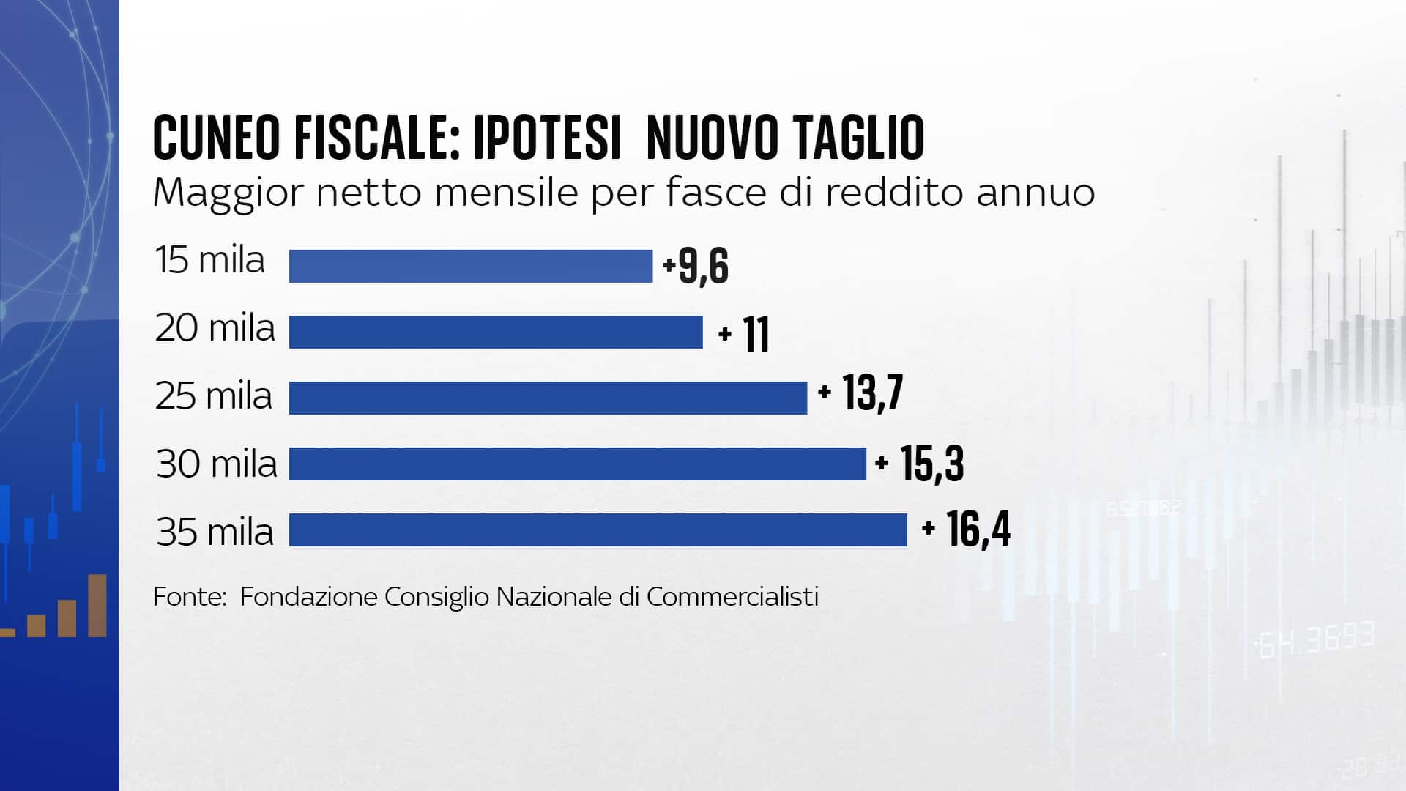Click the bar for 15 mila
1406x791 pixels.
point(470,266)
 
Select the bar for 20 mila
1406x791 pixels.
point(496,332)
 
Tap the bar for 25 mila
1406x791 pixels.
point(548,398)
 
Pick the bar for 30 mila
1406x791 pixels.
point(577,464)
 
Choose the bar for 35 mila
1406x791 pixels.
point(598,530)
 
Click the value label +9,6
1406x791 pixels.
point(696,266)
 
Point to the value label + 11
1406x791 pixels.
point(744,335)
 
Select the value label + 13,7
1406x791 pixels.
point(860,393)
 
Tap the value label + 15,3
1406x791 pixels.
point(920,463)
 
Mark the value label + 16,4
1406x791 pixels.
point(967,530)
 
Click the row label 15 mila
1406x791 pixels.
point(210,260)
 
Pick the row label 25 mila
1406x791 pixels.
point(214,396)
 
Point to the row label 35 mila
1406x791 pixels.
point(215,532)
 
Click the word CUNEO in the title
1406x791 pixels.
point(217,137)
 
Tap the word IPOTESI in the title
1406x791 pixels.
point(547,137)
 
